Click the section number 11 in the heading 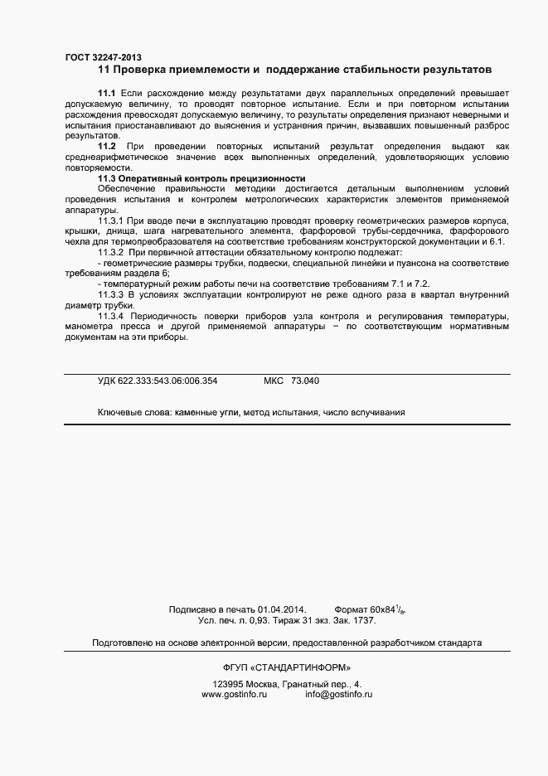click(x=103, y=70)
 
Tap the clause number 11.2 click(x=106, y=146)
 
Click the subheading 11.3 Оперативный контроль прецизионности click(x=201, y=178)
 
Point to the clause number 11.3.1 click(x=112, y=221)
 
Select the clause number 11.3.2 click(x=112, y=251)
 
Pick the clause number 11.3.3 click(x=112, y=294)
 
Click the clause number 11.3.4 click(x=112, y=316)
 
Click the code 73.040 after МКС click(x=304, y=381)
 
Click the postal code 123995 click(x=228, y=685)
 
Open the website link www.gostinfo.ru click(x=234, y=694)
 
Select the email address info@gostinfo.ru click(x=338, y=694)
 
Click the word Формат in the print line click(x=351, y=609)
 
